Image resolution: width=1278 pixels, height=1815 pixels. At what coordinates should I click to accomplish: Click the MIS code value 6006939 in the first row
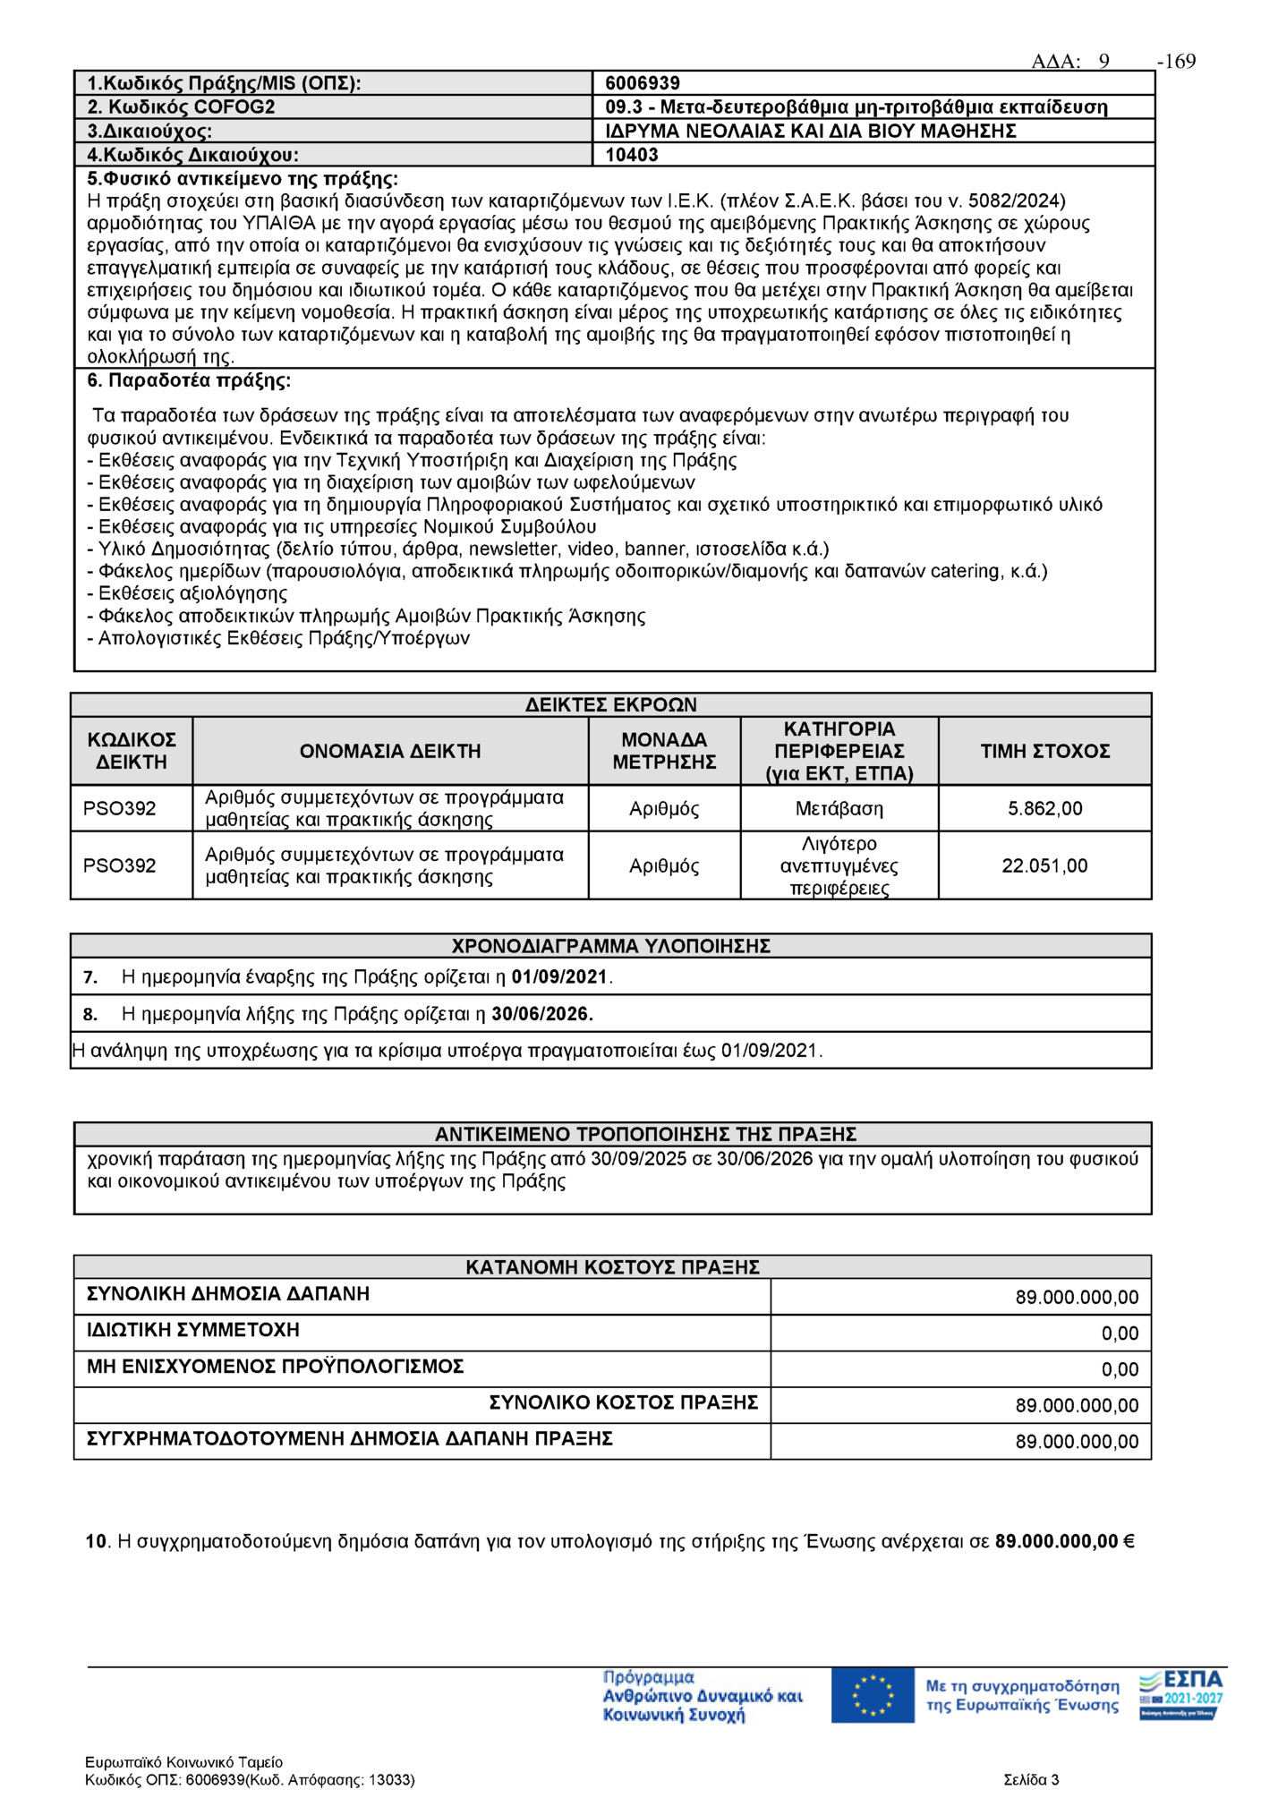click(x=643, y=83)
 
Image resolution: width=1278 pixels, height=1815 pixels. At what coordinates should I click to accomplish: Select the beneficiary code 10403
click(x=632, y=155)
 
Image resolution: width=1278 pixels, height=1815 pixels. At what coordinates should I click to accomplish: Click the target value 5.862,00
click(x=1044, y=809)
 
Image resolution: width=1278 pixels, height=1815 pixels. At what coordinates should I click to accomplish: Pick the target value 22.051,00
click(x=1044, y=866)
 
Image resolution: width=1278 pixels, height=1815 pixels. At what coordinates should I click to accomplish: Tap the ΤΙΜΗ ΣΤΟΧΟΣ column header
click(x=1044, y=752)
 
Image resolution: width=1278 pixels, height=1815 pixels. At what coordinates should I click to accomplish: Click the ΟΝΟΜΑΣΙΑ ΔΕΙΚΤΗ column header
click(x=390, y=752)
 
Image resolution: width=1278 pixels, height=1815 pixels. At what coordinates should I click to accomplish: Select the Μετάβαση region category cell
click(x=839, y=809)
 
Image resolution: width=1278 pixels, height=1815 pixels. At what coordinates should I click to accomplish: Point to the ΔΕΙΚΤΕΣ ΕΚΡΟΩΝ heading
click(x=611, y=705)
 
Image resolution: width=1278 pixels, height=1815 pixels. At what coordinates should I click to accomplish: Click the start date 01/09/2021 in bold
click(x=559, y=977)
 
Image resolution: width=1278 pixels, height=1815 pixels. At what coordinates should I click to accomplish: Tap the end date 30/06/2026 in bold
click(x=541, y=1015)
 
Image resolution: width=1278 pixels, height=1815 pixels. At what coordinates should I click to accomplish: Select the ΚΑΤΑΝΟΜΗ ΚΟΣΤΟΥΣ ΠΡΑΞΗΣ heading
click(x=612, y=1267)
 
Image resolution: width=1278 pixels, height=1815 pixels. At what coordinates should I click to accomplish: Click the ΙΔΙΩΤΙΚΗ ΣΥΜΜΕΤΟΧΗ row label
click(x=193, y=1331)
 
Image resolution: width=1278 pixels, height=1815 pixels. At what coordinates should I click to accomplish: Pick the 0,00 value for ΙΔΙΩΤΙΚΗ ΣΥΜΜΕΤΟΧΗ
click(x=1120, y=1334)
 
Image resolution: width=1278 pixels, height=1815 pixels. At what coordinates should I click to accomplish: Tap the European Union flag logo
click(x=873, y=1695)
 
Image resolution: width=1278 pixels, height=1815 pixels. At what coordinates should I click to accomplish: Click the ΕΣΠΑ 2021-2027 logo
click(x=1180, y=1695)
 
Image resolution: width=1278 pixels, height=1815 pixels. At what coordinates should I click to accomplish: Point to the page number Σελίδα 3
click(x=1031, y=1780)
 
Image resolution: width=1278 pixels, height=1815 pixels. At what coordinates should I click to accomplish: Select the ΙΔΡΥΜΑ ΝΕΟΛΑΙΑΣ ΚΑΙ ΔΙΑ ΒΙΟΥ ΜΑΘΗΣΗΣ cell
click(x=811, y=132)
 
